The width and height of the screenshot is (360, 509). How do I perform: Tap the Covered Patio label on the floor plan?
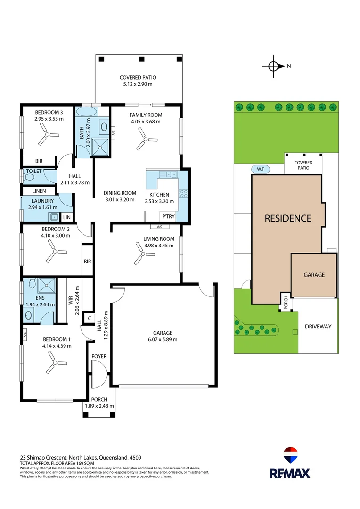coord(138,78)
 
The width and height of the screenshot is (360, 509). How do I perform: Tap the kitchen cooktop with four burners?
coord(183,193)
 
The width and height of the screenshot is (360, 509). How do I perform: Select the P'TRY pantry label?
coord(168,217)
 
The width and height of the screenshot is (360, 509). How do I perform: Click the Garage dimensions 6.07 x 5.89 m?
coord(163,339)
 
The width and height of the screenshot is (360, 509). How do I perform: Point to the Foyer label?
coord(99,356)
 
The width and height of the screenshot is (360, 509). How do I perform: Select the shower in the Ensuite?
coord(47,285)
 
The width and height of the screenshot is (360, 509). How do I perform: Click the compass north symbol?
coord(274,66)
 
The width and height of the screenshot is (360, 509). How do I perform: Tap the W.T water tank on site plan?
coord(260,169)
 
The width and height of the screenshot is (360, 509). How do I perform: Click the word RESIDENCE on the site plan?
coord(287,218)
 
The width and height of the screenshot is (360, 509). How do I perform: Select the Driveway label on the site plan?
coord(318,326)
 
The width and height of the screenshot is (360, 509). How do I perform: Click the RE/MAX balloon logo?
coord(289,456)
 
